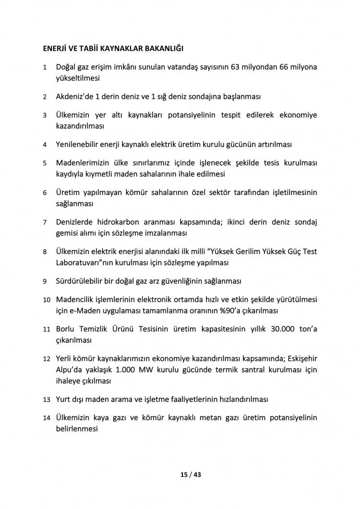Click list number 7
45,223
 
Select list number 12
47,360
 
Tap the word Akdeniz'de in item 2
74,97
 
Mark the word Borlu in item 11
66,329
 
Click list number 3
45,116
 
